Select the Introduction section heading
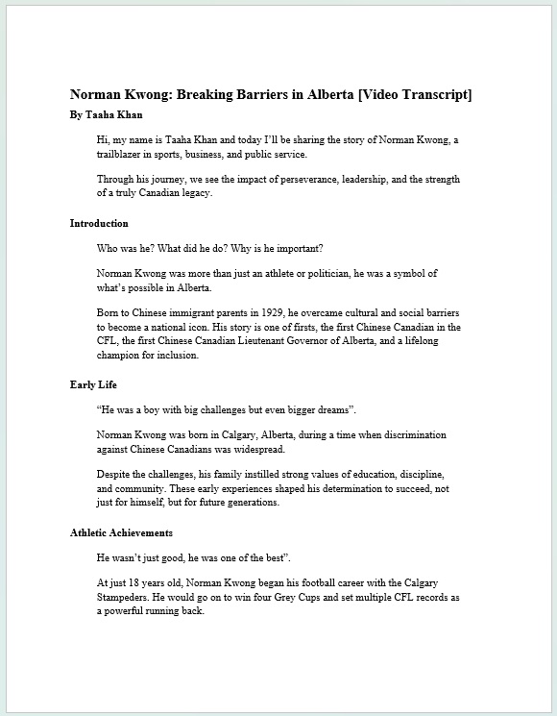pyautogui.click(x=99, y=223)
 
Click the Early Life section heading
pyautogui.click(x=94, y=384)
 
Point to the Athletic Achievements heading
pyautogui.click(x=121, y=532)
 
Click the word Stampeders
pyautogui.click(x=131, y=597)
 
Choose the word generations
pyautogui.click(x=250, y=503)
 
